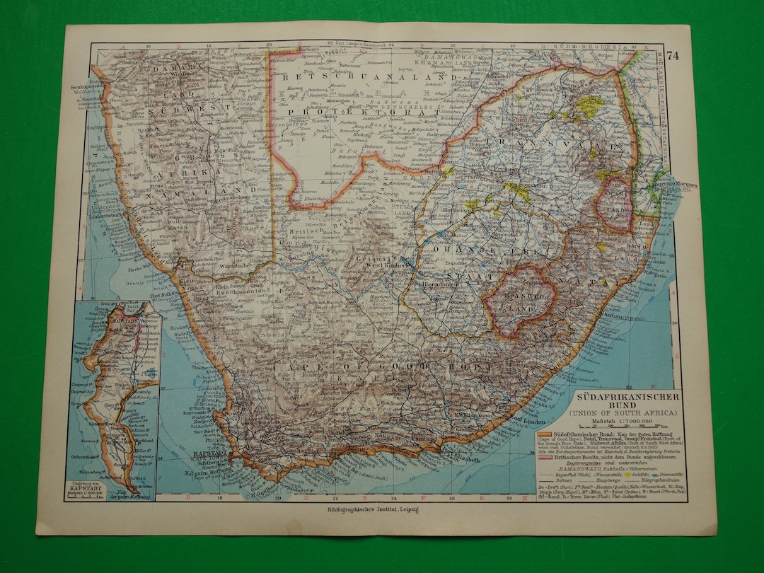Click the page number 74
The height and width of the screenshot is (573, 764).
tap(671, 57)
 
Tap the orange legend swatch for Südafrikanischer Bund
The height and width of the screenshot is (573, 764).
tap(544, 433)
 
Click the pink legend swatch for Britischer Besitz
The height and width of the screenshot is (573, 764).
tap(544, 458)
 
